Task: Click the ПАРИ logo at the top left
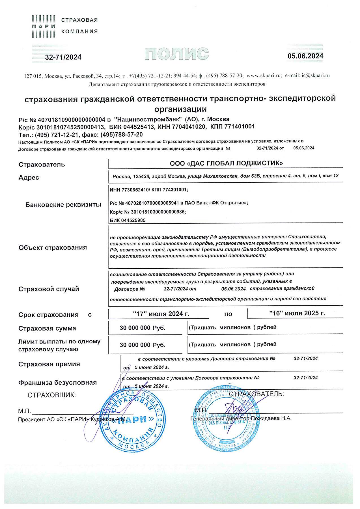pyautogui.click(x=43, y=26)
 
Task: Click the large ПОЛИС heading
pyautogui.click(x=177, y=54)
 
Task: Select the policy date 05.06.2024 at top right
pyautogui.click(x=305, y=56)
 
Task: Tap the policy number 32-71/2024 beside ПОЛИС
pyautogui.click(x=63, y=57)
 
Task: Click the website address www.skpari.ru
pyautogui.click(x=264, y=76)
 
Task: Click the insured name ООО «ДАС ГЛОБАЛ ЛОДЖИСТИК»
pyautogui.click(x=226, y=163)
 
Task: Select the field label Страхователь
pyautogui.click(x=42, y=165)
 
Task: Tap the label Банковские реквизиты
pyautogui.click(x=63, y=205)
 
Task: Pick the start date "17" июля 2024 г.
pyautogui.click(x=161, y=314)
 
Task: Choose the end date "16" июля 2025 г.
pyautogui.click(x=297, y=313)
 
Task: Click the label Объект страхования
pyautogui.click(x=53, y=248)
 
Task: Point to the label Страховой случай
pyautogui.click(x=49, y=289)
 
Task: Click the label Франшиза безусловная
pyautogui.click(x=57, y=383)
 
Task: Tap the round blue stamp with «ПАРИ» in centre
pyautogui.click(x=132, y=420)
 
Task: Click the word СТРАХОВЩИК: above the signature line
pyautogui.click(x=52, y=395)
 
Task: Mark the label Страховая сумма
pyautogui.click(x=47, y=328)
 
